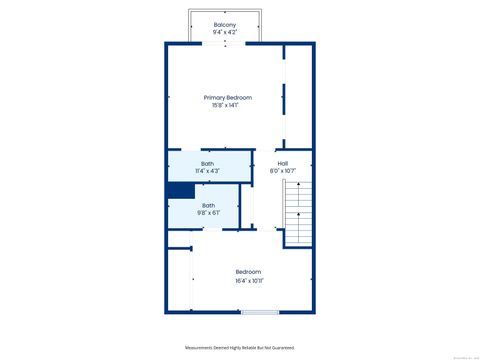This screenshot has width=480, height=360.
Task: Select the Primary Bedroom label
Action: [x=228, y=97]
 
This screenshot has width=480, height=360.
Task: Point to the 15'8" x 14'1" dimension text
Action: [x=228, y=105]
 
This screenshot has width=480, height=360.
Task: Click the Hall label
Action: [x=283, y=163]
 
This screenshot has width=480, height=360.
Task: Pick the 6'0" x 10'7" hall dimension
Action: [x=283, y=171]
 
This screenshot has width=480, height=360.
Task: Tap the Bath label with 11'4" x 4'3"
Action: [x=207, y=163]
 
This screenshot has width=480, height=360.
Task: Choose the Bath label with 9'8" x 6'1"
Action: [x=208, y=205]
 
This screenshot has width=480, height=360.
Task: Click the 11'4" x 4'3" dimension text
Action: [x=207, y=171]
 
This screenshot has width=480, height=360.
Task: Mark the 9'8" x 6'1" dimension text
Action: [x=208, y=213]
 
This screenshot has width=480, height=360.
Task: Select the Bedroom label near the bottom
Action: [x=248, y=272]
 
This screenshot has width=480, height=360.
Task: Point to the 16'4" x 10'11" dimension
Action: [x=248, y=280]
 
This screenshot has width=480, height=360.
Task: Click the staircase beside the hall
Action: [x=299, y=214]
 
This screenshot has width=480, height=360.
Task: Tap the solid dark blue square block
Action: [x=180, y=190]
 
